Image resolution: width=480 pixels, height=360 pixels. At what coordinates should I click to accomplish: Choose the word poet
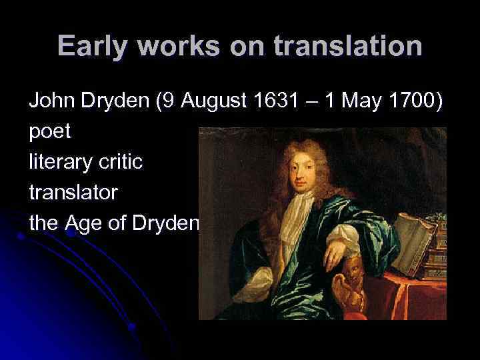pyautogui.click(x=50, y=132)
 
